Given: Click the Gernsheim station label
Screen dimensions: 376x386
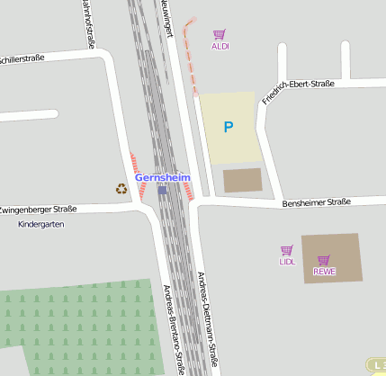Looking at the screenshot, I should pos(163,178).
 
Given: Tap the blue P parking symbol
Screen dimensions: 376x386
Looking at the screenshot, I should pos(228,128).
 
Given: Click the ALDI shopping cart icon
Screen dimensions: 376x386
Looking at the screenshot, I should pos(220,34).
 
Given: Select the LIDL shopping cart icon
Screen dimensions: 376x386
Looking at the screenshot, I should pos(287,250).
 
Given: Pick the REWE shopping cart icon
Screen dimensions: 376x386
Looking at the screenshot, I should pos(324,260).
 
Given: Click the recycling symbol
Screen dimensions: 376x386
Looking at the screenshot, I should pos(121,189).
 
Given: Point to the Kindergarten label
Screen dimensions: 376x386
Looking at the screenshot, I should pos(41,224).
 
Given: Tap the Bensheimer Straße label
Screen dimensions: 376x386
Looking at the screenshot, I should pos(316,202).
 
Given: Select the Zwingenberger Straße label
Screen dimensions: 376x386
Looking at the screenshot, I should pos(38,209).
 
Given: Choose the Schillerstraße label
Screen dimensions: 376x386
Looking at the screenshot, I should pos(22,59).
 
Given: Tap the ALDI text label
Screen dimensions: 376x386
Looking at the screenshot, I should pos(220,46).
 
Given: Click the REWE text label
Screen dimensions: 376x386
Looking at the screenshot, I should pos(324,272).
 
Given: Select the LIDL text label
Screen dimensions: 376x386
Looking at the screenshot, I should pos(287,262).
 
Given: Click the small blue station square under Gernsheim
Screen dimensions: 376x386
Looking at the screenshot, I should pos(162,190).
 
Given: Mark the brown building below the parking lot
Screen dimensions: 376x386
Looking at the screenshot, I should pos(241,180).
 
